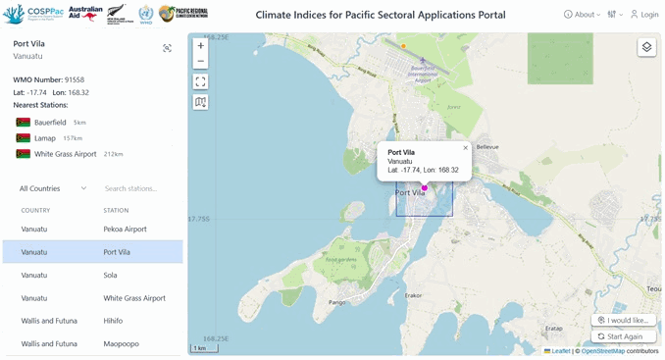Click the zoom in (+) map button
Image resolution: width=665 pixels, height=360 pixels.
click(200, 46)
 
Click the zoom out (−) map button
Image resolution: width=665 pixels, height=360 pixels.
click(200, 61)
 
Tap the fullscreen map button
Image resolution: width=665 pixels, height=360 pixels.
click(200, 81)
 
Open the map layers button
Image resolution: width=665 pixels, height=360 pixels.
click(646, 47)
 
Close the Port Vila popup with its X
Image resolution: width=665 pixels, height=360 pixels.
click(465, 148)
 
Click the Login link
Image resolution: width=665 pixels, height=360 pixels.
click(644, 15)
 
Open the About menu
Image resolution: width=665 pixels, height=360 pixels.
click(582, 15)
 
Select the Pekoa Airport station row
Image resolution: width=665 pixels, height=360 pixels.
click(125, 229)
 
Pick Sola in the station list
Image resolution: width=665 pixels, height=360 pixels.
click(111, 275)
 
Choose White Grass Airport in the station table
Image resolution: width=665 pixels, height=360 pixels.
click(134, 298)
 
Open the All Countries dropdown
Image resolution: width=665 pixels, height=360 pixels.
click(53, 188)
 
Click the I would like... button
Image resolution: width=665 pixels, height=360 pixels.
click(624, 320)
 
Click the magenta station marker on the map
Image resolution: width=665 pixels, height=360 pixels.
click(425, 186)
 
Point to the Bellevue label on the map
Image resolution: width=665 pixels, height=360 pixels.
click(487, 146)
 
